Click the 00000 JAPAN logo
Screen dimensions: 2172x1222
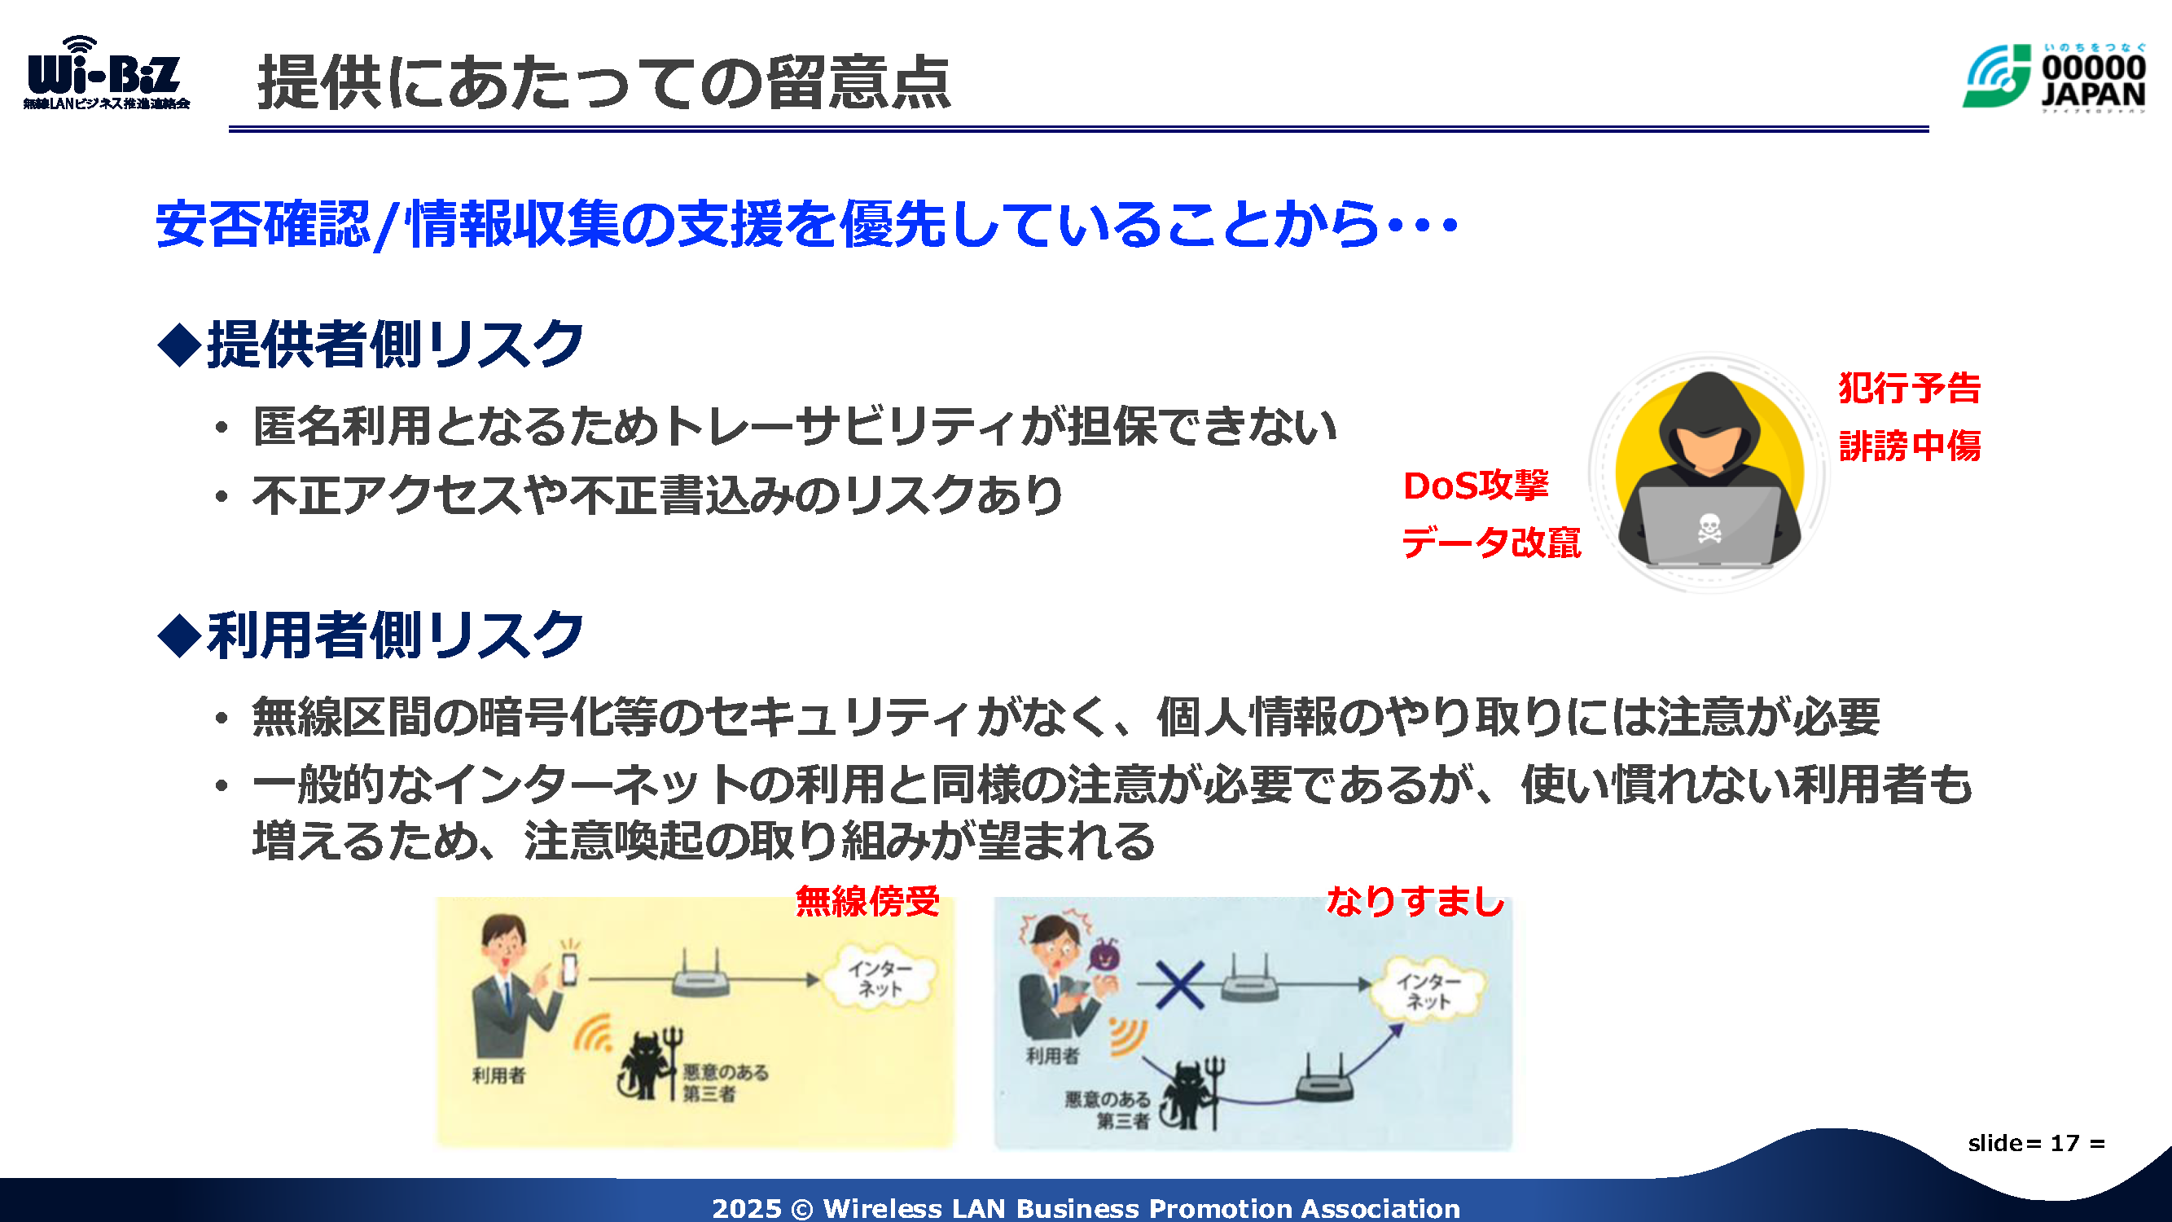coord(2054,77)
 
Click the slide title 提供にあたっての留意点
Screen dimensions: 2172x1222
coord(603,82)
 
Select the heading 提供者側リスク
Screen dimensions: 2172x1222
coord(371,344)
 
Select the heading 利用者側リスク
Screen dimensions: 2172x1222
coord(371,634)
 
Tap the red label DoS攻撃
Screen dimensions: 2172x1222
coord(1476,485)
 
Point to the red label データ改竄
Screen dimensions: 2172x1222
coord(1490,542)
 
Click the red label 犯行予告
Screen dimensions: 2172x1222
coord(1910,388)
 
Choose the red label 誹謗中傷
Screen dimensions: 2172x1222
coord(1910,446)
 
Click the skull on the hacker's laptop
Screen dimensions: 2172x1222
coord(1709,529)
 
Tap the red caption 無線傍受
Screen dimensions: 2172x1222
coord(867,901)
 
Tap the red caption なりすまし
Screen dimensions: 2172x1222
coord(1415,901)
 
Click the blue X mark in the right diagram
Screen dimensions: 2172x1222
coord(1179,984)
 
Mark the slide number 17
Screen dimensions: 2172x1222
coord(2065,1143)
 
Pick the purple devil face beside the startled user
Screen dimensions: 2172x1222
coord(1104,955)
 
